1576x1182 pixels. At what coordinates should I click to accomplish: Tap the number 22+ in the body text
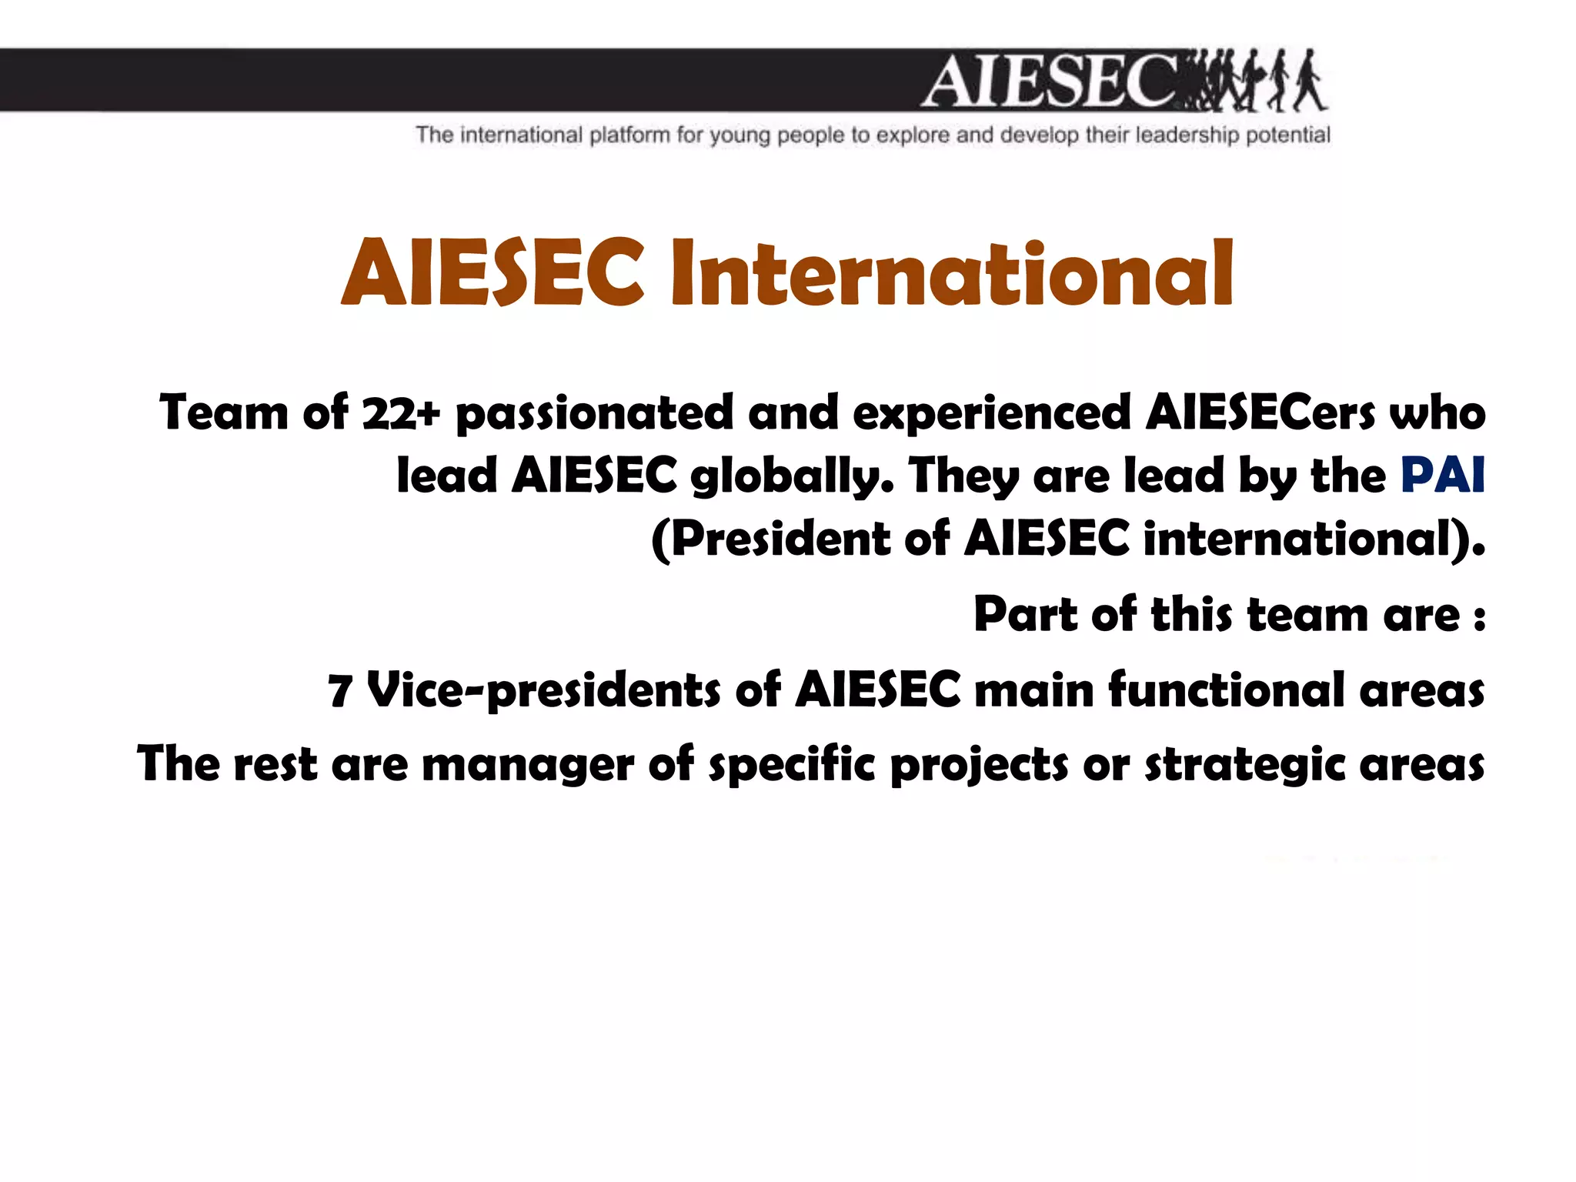[401, 413]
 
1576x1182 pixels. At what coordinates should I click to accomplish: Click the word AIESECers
[1260, 413]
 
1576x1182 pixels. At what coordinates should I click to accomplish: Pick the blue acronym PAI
[1442, 475]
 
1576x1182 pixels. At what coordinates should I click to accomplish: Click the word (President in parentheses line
[770, 538]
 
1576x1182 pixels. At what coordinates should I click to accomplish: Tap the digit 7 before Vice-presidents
[340, 690]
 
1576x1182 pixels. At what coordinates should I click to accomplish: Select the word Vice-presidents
[544, 689]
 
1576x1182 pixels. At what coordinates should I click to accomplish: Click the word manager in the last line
[528, 765]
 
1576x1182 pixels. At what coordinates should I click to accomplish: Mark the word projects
[979, 766]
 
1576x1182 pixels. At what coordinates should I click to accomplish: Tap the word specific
[792, 766]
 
